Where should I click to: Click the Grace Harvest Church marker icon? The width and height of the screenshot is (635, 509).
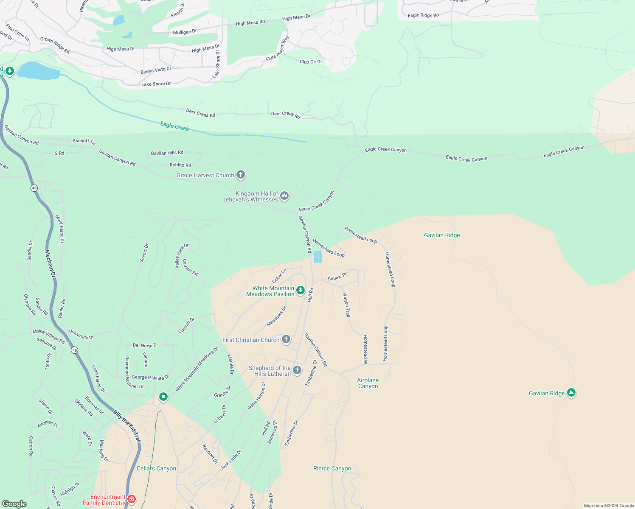(241, 175)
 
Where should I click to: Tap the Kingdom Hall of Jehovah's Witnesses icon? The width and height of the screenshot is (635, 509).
(284, 196)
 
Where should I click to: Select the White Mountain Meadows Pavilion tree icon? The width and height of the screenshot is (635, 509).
(301, 291)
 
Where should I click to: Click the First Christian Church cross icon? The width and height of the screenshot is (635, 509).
(286, 339)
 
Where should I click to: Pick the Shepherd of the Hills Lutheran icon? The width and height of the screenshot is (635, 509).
(297, 370)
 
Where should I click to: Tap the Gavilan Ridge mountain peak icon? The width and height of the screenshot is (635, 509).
(571, 393)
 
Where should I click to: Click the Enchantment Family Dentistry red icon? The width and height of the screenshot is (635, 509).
(132, 499)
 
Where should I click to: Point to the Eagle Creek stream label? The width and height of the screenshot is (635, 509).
(174, 126)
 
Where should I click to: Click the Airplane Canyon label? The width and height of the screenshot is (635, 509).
(368, 383)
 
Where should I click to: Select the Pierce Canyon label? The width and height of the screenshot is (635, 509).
(332, 468)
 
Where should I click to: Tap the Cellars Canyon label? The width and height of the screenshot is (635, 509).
(156, 468)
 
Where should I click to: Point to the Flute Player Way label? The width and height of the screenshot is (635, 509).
(277, 49)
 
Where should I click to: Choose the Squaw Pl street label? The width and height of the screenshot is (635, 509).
(337, 277)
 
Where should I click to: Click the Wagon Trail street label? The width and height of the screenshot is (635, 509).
(347, 305)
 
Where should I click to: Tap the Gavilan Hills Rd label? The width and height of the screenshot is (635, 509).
(167, 153)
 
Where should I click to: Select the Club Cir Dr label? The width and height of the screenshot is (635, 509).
(311, 62)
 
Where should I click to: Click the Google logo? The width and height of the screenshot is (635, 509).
(14, 503)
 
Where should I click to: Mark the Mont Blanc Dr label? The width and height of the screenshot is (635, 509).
(60, 229)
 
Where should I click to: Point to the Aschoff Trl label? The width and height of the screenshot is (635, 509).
(84, 141)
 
